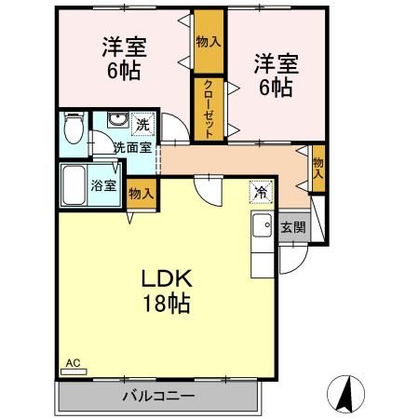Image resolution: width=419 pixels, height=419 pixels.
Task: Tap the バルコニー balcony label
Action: coord(158,396)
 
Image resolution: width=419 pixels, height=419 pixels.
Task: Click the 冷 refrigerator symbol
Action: coord(260,192)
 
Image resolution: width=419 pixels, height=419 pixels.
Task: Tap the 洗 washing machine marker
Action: coord(142,124)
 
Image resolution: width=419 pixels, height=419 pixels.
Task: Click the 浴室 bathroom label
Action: coord(103,184)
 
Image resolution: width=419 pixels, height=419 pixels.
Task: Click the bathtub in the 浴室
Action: coord(73,185)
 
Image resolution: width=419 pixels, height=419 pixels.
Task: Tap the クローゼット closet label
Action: coord(209,109)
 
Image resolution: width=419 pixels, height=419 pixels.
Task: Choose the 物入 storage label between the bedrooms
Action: coord(209,42)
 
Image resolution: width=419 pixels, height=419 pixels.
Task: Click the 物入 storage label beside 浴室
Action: coord(142,193)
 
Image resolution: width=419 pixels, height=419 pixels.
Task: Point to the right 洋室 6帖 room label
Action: coord(275,75)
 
